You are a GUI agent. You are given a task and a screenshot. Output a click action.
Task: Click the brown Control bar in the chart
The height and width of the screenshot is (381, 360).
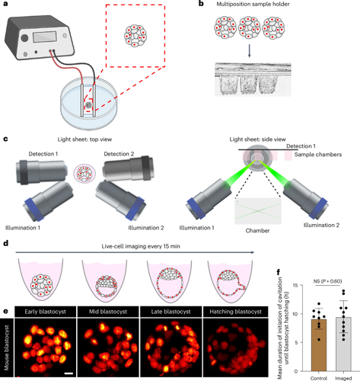(x=319, y=345)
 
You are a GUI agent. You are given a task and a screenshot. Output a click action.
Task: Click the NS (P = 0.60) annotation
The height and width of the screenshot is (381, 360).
(x=328, y=281)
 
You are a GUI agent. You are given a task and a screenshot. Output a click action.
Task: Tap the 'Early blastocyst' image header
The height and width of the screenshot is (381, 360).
(x=45, y=312)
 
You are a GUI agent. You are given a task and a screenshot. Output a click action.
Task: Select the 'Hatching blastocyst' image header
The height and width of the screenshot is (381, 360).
(x=235, y=312)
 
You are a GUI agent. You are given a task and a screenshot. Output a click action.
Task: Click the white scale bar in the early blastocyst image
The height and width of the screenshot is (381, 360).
(x=68, y=373)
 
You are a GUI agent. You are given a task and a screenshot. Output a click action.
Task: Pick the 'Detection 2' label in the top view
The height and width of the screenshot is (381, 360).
(x=119, y=154)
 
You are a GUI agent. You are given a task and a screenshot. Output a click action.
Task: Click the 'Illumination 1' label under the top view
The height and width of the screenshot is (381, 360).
(x=23, y=228)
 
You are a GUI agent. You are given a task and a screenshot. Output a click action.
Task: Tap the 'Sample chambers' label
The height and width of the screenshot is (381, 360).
(x=318, y=155)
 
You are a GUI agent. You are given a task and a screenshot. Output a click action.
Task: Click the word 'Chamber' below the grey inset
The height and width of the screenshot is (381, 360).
(x=257, y=231)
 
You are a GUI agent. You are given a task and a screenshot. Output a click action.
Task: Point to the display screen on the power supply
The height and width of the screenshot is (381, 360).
(x=45, y=37)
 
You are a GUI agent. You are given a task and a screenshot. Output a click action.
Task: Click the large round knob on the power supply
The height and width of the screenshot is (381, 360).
(x=24, y=38)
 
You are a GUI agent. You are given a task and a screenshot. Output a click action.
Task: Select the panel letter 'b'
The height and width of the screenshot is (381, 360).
(x=201, y=4)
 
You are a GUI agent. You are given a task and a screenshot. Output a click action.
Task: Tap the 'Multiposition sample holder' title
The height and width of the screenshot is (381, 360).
(x=253, y=4)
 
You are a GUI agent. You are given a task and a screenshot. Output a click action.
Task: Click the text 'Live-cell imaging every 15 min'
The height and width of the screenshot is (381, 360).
(x=141, y=246)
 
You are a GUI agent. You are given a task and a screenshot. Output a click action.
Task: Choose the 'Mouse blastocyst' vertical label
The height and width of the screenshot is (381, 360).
(x=6, y=347)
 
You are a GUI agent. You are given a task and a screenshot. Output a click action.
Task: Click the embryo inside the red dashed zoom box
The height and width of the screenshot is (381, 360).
(x=135, y=36)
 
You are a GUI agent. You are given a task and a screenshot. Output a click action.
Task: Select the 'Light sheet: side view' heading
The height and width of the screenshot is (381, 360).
(x=257, y=139)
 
